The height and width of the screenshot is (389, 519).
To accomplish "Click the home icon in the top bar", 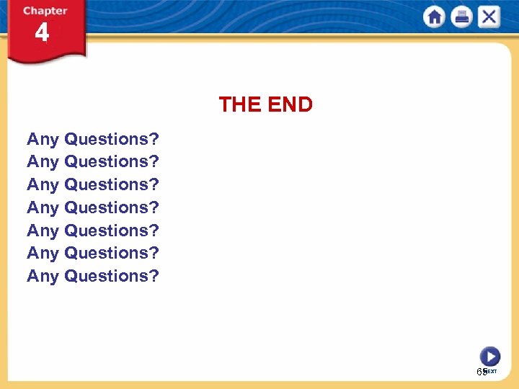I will (434, 17).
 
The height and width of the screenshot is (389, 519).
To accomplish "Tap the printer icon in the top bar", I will (461, 17).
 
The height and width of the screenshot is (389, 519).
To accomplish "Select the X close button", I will (489, 17).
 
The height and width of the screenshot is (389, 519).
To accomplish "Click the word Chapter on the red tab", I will (45, 11).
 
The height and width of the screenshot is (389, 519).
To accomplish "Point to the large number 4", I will (43, 33).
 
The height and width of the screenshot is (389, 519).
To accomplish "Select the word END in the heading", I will (289, 105).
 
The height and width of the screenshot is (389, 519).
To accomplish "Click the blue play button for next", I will (489, 356).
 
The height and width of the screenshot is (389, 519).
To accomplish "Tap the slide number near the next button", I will (481, 372).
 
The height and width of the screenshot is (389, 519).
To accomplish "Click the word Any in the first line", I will (43, 139).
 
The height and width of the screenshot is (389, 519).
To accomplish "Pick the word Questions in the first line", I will (106, 139).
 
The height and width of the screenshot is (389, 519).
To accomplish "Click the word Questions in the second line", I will (106, 161).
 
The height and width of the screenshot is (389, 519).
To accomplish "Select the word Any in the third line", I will (43, 184).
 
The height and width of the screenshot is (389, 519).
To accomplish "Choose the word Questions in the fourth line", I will (106, 207).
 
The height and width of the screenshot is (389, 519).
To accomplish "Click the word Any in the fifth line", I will (43, 231).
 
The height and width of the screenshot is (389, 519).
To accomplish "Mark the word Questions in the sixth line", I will (106, 253).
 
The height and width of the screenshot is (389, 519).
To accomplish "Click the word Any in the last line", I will (43, 276).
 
